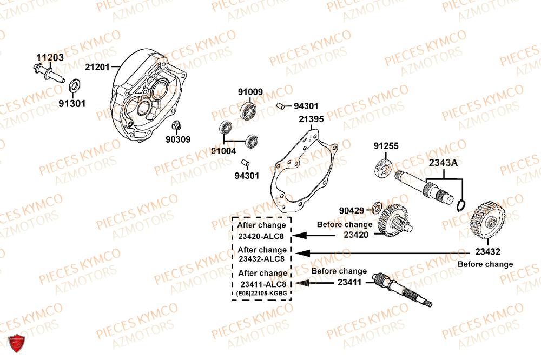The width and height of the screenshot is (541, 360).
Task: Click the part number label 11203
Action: [x=50, y=57]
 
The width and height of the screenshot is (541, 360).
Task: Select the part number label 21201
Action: [x=97, y=67]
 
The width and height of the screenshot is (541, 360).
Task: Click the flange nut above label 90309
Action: [x=175, y=126]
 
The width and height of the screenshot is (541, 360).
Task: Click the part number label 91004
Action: [x=223, y=151]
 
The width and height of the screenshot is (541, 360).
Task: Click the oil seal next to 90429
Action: [x=374, y=208]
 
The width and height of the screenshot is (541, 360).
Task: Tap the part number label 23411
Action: [x=352, y=282]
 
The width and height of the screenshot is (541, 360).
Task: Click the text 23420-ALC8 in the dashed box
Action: [x=262, y=236]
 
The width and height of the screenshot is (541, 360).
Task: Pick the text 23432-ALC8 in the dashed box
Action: [x=262, y=258]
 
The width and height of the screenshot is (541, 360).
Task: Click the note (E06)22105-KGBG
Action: [x=262, y=293]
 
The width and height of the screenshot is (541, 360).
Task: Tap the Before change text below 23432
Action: [x=485, y=264]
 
